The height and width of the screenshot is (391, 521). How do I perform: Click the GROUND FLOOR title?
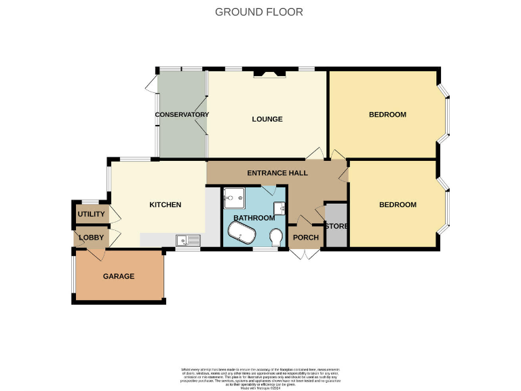pyautogui.click(x=258, y=12)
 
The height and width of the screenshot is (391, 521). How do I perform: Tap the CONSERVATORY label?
pyautogui.click(x=181, y=115)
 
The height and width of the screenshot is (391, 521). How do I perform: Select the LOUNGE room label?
pyautogui.click(x=267, y=119)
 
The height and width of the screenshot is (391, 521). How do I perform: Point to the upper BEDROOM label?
pyautogui.click(x=387, y=115)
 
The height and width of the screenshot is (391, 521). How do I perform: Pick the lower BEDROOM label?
pyautogui.click(x=398, y=204)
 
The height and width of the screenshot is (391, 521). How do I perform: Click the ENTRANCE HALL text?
pyautogui.click(x=277, y=173)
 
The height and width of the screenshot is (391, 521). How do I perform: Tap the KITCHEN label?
pyautogui.click(x=165, y=204)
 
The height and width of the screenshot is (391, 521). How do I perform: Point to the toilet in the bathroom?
pyautogui.click(x=275, y=238)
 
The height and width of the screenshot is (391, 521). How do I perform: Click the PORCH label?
pyautogui.click(x=305, y=238)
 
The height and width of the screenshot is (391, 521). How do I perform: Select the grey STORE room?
pyautogui.click(x=336, y=225)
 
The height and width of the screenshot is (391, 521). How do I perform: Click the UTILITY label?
pyautogui.click(x=91, y=215)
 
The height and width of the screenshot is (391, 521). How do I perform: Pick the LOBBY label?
pyautogui.click(x=90, y=238)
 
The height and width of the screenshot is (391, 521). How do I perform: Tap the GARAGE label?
pyautogui.click(x=119, y=276)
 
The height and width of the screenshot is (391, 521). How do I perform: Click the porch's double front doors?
pyautogui.click(x=305, y=254)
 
